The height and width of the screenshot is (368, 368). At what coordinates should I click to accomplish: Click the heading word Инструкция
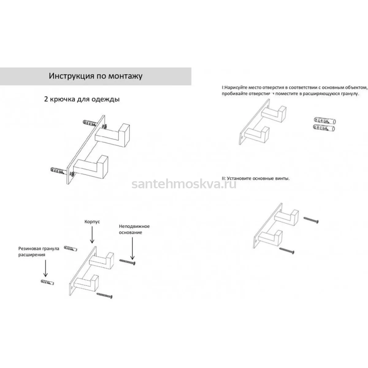[x=71, y=76]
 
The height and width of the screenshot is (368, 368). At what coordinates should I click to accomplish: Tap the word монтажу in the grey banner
[x=125, y=76]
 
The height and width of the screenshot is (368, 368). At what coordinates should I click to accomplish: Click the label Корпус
[x=92, y=222]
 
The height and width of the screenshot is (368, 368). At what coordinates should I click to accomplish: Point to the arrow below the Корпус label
[x=92, y=235]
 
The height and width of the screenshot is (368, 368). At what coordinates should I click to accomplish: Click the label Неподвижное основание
[x=134, y=229]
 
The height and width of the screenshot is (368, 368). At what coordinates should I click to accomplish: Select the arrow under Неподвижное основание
[x=132, y=248]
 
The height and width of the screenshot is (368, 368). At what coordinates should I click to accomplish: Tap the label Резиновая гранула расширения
[x=39, y=251]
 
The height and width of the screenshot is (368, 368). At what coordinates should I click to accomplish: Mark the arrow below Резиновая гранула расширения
[x=45, y=268]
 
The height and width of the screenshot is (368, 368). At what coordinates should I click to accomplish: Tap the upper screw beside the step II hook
[x=311, y=220]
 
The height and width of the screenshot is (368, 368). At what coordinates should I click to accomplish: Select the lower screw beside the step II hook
[x=287, y=251]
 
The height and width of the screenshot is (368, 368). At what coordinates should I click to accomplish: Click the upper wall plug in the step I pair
[x=325, y=121]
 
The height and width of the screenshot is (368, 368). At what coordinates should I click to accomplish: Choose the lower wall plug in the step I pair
[x=324, y=128]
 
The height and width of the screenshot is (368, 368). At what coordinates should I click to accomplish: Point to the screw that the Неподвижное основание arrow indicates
[x=128, y=262]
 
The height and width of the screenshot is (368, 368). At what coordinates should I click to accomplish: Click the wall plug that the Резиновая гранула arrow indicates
[x=47, y=282]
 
